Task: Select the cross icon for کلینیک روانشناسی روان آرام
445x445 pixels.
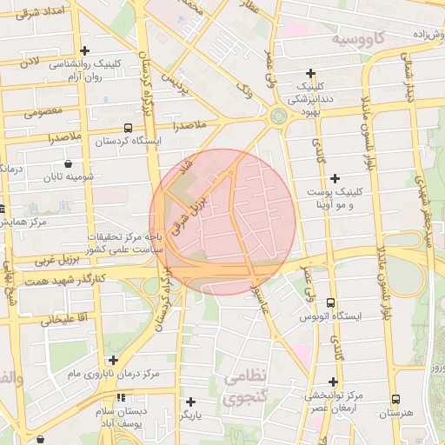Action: pos(84,50)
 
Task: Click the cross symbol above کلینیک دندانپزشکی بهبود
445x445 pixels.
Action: pos(310,73)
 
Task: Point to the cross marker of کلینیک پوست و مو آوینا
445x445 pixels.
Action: pos(335,178)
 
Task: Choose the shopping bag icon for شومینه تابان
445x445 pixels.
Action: pos(68,163)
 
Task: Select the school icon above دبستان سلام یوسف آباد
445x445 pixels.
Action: pos(121,396)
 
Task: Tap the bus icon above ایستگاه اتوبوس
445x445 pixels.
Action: pos(330,302)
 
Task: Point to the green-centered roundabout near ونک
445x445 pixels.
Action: pos(279,116)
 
